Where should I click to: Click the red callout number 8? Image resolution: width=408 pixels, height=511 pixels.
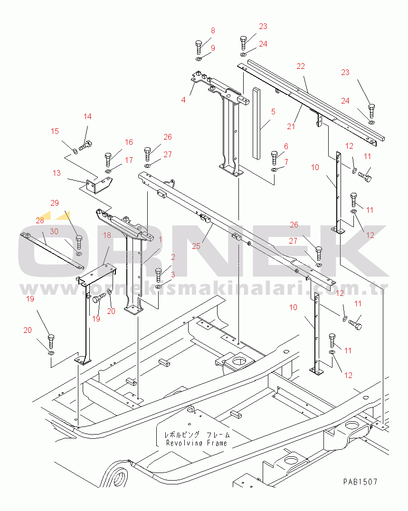pos(213,31)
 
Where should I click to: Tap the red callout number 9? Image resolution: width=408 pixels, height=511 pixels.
pos(213,48)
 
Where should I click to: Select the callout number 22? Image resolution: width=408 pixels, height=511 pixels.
pos(301,66)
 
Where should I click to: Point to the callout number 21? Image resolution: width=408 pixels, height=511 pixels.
pos(291,126)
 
